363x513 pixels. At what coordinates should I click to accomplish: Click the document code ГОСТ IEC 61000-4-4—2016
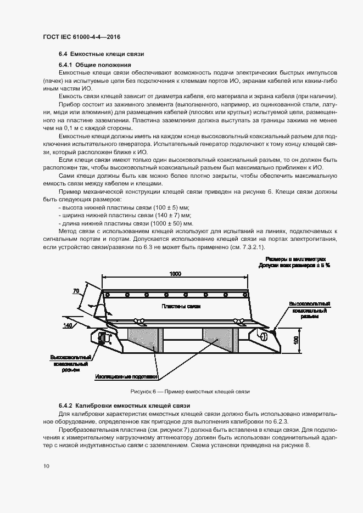tap(81, 37)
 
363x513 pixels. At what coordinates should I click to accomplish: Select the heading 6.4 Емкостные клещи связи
tap(102, 55)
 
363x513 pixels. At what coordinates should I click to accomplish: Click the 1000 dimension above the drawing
tap(175, 273)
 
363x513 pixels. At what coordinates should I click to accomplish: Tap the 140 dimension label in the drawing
tap(68, 325)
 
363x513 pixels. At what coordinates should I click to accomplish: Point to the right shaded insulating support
tap(218, 341)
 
